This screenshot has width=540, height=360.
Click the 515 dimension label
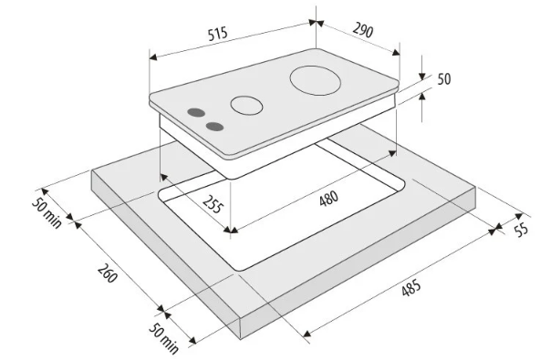pyautogui.click(x=218, y=34)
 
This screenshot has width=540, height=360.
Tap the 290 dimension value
pyautogui.click(x=363, y=30)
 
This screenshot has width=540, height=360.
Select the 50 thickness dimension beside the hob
pyautogui.click(x=444, y=78)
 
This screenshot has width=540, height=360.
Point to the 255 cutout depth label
pyautogui.click(x=213, y=204)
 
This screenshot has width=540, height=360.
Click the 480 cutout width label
pyautogui.click(x=329, y=199)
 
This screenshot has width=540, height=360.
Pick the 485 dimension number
pyautogui.click(x=411, y=288)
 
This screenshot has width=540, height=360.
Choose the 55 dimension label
pyautogui.click(x=522, y=230)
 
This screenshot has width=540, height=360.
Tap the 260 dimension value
pyautogui.click(x=108, y=273)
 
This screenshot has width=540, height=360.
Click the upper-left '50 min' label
pyautogui.click(x=47, y=213)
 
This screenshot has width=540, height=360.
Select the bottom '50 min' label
pyautogui.click(x=164, y=338)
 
